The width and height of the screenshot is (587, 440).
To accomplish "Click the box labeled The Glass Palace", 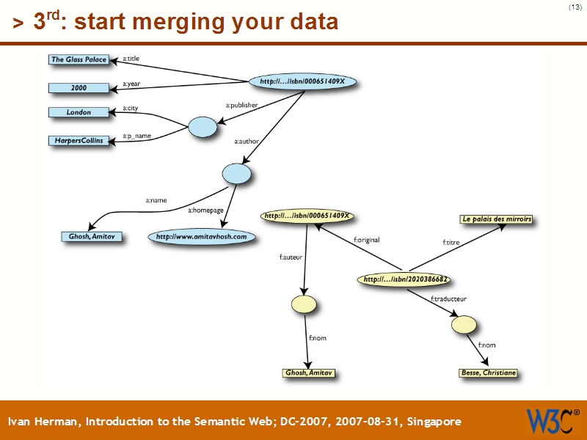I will [x=79, y=59].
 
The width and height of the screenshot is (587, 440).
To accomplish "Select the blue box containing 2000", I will [x=79, y=88].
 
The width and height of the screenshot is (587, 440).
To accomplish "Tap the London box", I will [x=79, y=112].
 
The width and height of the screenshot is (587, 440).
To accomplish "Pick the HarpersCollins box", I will [x=79, y=140].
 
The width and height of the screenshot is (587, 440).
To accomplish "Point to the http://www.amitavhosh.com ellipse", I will [x=201, y=237].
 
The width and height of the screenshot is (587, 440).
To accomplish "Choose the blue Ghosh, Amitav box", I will [x=91, y=237].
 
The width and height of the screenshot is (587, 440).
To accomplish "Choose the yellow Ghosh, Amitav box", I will [x=309, y=373].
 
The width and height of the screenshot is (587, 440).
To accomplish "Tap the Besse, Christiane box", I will [x=488, y=373].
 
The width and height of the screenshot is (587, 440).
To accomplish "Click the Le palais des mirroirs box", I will [x=497, y=219].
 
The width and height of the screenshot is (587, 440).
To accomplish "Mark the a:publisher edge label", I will [x=241, y=106].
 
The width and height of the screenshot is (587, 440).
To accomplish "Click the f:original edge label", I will [x=366, y=240].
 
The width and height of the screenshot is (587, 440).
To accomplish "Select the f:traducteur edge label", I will [x=448, y=298].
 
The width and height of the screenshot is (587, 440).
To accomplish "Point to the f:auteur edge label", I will [x=291, y=257].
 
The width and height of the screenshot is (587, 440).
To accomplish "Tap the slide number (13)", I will [x=575, y=7].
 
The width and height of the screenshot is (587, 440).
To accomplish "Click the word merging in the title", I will [x=186, y=22].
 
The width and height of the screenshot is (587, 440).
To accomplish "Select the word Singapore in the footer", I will [x=431, y=422].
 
